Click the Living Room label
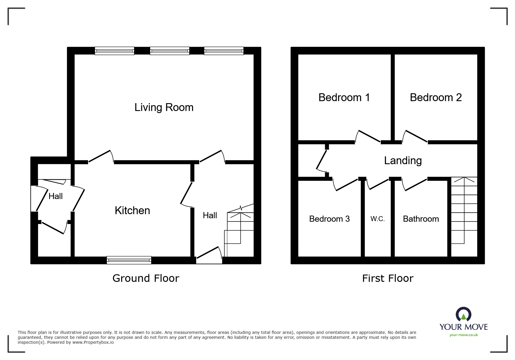tap(164, 108)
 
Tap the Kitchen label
tap(132, 211)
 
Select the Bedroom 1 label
tap(344, 98)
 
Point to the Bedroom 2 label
tap(436, 98)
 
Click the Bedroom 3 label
tap(329, 219)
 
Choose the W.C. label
tap(377, 219)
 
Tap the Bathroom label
tap(421, 219)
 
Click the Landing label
tap(403, 161)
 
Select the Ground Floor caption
tap(146, 278)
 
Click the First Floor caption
tap(388, 278)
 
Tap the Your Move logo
tap(464, 320)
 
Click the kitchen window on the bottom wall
tap(129, 260)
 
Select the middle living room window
tap(170, 51)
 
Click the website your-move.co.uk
tap(464, 335)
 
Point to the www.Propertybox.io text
tap(93, 342)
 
